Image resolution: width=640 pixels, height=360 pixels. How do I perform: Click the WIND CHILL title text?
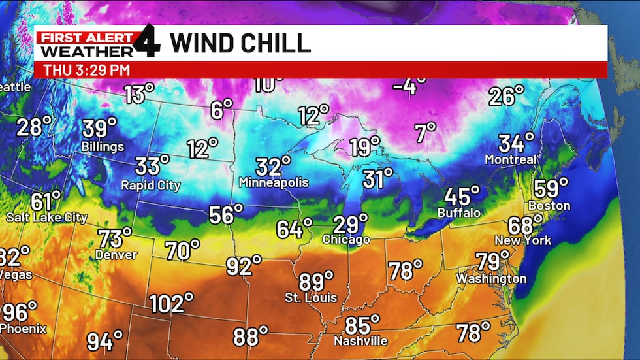[x=240, y=43]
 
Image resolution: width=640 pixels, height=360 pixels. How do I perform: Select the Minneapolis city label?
[x=274, y=182]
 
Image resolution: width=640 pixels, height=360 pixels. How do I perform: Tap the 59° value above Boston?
[x=551, y=188]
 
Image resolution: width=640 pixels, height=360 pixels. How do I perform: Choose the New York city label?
[x=522, y=240]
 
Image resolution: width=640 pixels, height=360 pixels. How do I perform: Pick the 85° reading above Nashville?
[x=362, y=324]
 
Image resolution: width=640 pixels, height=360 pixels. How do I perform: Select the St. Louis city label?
[x=311, y=298]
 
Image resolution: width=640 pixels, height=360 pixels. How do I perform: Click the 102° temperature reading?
[x=171, y=303]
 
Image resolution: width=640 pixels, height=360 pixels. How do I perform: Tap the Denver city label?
[x=116, y=255]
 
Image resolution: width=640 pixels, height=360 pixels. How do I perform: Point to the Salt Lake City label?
[x=47, y=217]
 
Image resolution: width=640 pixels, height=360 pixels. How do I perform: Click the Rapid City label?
[x=151, y=186]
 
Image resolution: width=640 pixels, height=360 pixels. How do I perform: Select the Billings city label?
[x=103, y=146]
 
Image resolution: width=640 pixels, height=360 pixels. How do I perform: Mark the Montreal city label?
[x=511, y=159]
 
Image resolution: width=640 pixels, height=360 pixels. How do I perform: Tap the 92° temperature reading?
[x=244, y=266]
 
